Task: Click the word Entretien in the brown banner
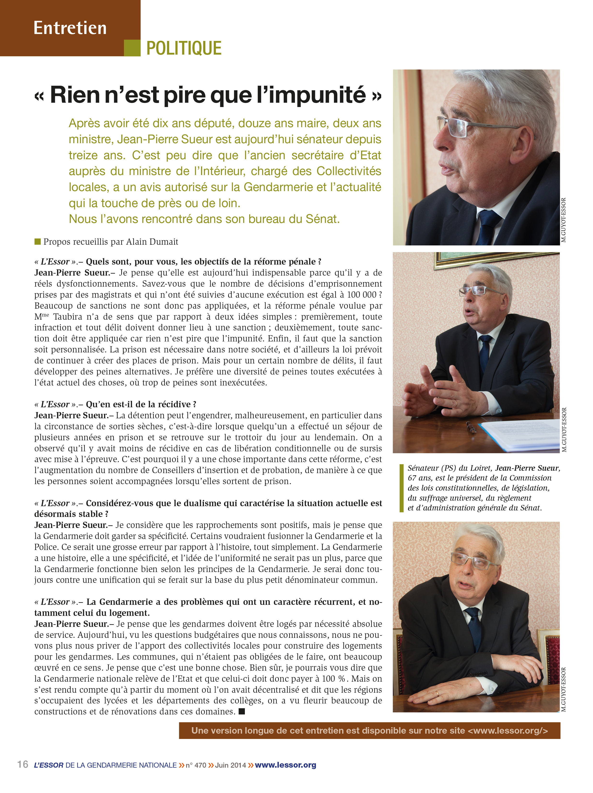click(x=70, y=28)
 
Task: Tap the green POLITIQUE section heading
click(x=184, y=48)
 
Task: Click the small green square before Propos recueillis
click(x=37, y=241)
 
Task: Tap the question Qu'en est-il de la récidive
click(x=141, y=404)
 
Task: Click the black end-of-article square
click(x=242, y=711)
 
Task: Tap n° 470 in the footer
click(x=196, y=765)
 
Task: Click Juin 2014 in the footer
click(x=230, y=765)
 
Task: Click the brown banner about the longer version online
click(x=369, y=731)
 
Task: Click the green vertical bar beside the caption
click(x=401, y=488)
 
